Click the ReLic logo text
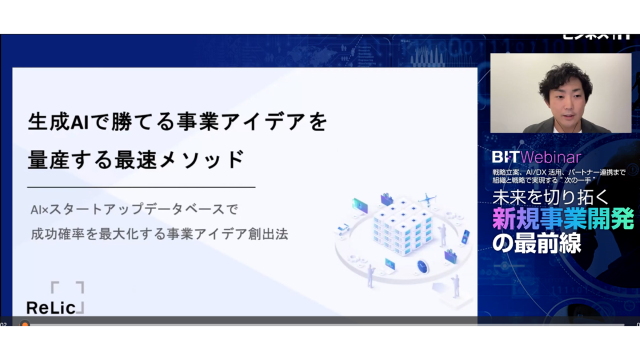(x=53, y=307)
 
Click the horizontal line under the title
(x=141, y=187)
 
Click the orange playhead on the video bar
(x=25, y=324)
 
